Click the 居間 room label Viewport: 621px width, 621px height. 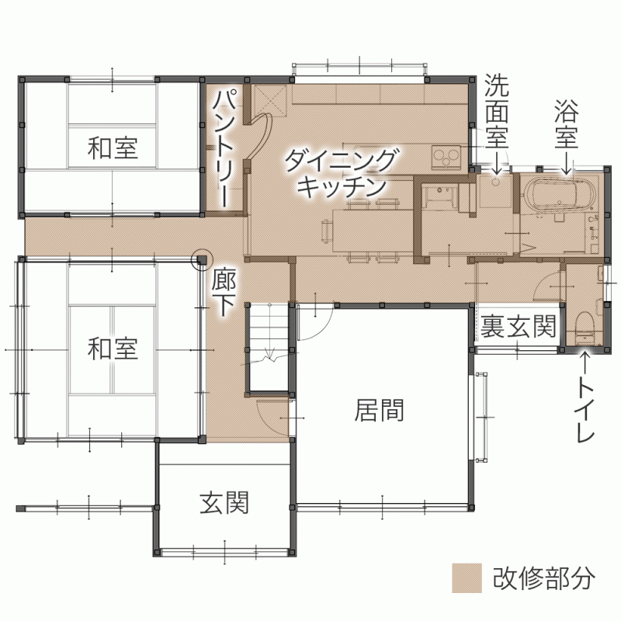point(379,411)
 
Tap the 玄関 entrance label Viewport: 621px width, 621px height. point(224,502)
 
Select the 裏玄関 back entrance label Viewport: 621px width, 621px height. point(519,326)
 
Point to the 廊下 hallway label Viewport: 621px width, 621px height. point(224,293)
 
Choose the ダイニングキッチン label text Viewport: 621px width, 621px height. point(341,173)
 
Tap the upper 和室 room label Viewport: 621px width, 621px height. point(113,147)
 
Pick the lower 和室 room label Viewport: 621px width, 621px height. point(113,349)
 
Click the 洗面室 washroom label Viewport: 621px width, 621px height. point(497,111)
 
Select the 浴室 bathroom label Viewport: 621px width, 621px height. point(567,123)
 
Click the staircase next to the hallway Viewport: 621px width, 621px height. point(269,348)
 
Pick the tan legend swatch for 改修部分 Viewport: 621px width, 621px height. point(467,578)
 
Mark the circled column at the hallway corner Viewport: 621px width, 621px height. point(202,260)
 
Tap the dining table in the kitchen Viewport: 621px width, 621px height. point(371,231)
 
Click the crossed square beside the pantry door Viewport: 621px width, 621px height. point(269,100)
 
